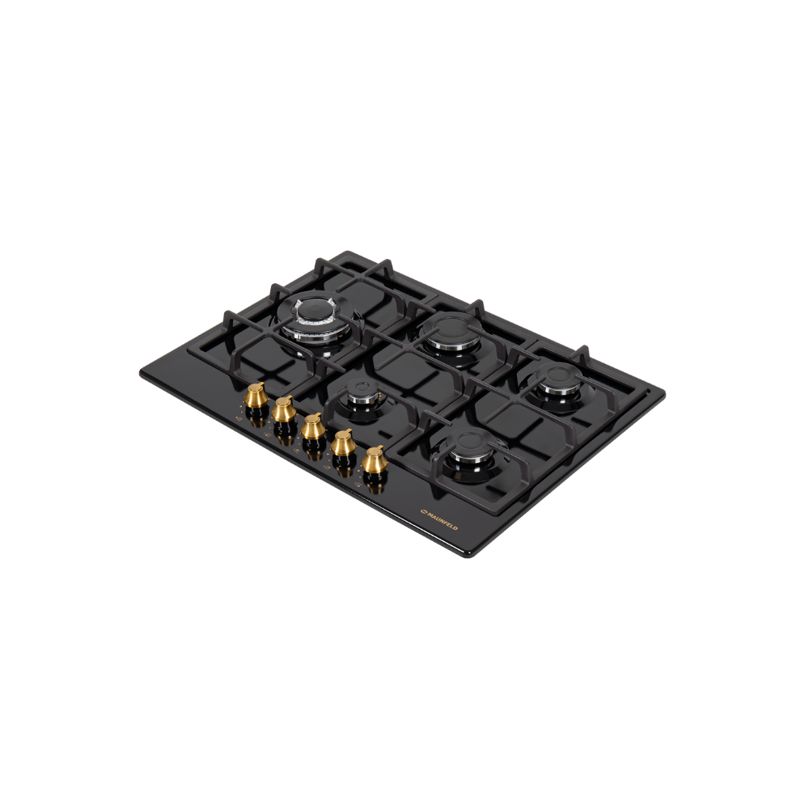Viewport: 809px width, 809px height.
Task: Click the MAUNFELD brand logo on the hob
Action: click(x=439, y=519)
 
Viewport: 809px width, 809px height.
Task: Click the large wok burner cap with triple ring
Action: click(x=314, y=316)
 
